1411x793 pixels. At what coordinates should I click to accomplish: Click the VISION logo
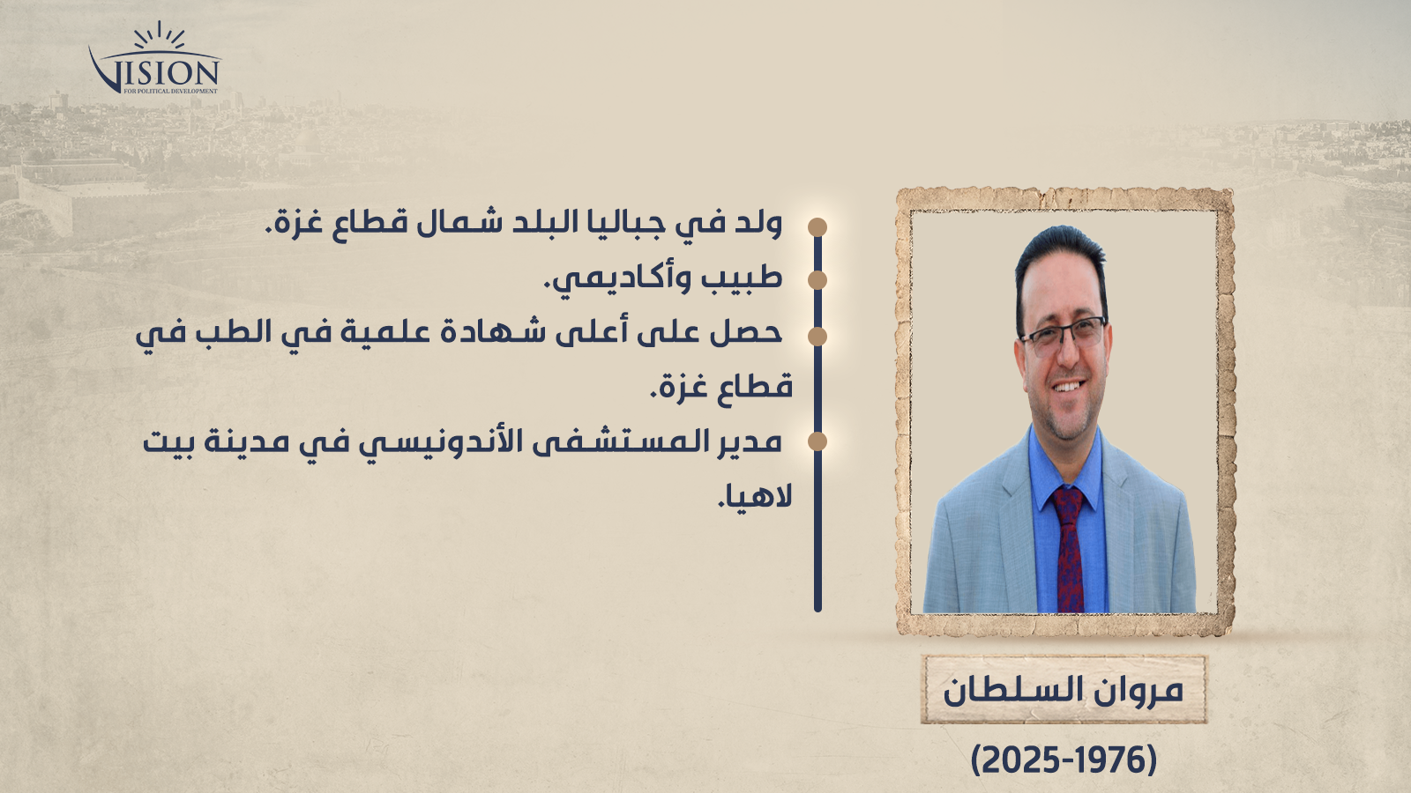coord(155,59)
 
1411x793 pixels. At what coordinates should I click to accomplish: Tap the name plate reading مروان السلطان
coord(1064,690)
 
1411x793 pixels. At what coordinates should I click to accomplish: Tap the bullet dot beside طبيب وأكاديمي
coord(817,280)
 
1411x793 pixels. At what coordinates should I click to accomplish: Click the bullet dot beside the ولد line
coord(817,227)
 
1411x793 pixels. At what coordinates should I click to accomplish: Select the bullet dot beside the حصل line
coord(817,337)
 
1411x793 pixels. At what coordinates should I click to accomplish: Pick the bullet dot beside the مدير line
coord(817,441)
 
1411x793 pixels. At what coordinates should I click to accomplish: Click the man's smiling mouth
coord(1066,385)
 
